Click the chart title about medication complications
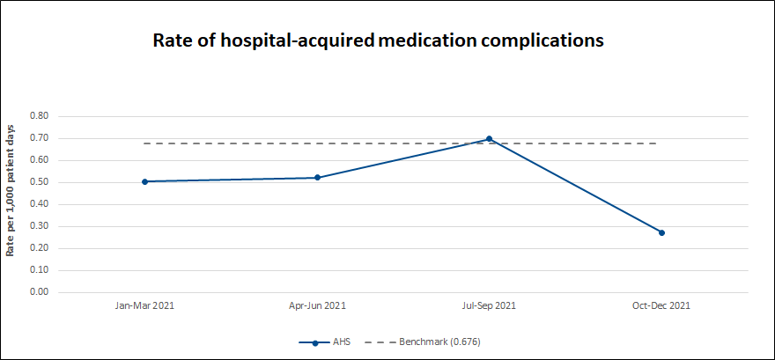coord(379,40)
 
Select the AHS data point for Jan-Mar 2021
coord(144,181)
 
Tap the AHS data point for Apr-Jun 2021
coord(317,178)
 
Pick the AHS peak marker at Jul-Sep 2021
coord(489,139)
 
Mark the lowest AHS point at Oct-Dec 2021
coord(661,232)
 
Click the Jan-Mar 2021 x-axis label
coord(144,306)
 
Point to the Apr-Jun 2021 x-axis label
coord(317,306)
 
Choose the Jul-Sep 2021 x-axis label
coord(489,306)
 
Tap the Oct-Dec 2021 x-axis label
coord(661,306)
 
